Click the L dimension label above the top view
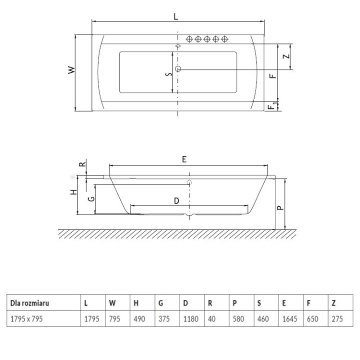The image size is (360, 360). (x=175, y=15)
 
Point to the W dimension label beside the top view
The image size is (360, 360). (x=71, y=70)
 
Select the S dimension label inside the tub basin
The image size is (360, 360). (x=168, y=74)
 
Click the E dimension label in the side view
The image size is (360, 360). (x=184, y=159)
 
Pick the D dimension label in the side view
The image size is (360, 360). (x=176, y=200)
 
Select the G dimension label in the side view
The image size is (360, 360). (x=90, y=199)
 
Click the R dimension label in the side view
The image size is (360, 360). (x=83, y=164)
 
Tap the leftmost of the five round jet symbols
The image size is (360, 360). (x=190, y=39)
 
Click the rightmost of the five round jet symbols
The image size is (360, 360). (x=225, y=39)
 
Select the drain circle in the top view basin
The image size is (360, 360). (x=178, y=68)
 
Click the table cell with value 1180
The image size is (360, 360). (x=189, y=318)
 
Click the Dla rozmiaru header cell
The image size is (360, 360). (x=29, y=302)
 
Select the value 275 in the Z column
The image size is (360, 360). (x=336, y=318)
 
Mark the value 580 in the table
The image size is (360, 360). (x=237, y=318)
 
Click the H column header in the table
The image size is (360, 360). (x=135, y=302)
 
